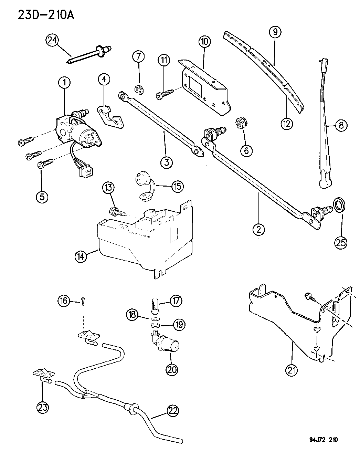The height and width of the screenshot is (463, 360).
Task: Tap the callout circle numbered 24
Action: (x=52, y=41)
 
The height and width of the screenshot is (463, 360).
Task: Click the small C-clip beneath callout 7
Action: (x=139, y=90)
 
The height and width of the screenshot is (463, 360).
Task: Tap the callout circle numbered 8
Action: (x=341, y=125)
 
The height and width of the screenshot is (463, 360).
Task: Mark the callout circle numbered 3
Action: (x=166, y=162)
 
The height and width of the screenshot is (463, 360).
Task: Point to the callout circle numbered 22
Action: (x=173, y=410)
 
